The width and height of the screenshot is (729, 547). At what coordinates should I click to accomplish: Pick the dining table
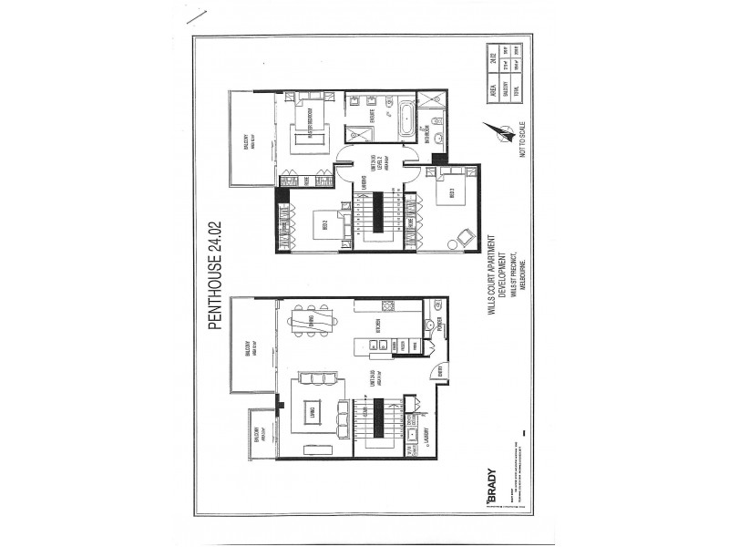point(310,323)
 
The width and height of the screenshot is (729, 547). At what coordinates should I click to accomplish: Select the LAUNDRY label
point(429,447)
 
